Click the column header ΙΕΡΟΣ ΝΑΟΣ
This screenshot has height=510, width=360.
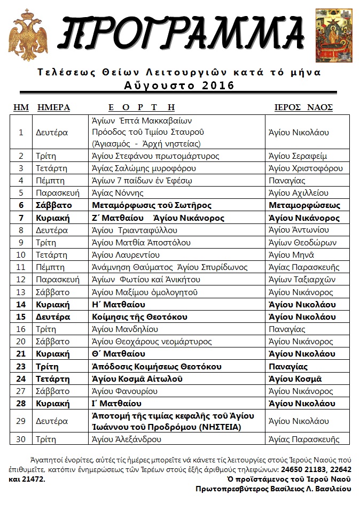pos(300,107)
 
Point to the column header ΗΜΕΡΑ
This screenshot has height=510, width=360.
pos(54,107)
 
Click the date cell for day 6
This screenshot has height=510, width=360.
pos(21,205)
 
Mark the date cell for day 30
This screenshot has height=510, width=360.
pos(21,439)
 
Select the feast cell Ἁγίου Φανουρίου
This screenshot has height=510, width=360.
pos(125,391)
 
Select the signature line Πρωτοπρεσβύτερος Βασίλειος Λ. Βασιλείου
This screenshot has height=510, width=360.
pos(273,489)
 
